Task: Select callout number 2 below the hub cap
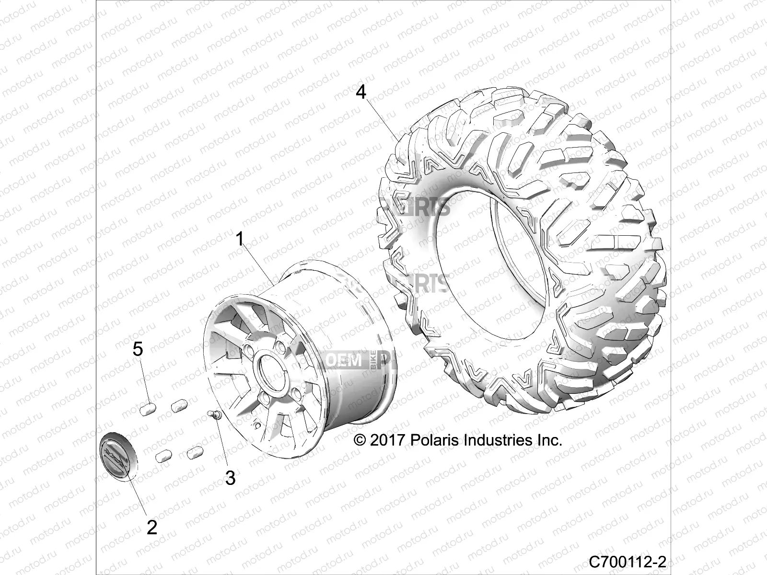click(x=151, y=528)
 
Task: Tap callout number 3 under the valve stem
click(x=231, y=477)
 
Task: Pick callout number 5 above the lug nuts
click(x=138, y=349)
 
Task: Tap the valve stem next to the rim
click(x=213, y=415)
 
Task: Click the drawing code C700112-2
click(x=628, y=561)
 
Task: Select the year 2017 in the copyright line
click(x=388, y=440)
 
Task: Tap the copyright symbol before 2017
click(x=360, y=440)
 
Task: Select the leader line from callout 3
click(x=223, y=446)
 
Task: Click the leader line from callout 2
click(x=137, y=496)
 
